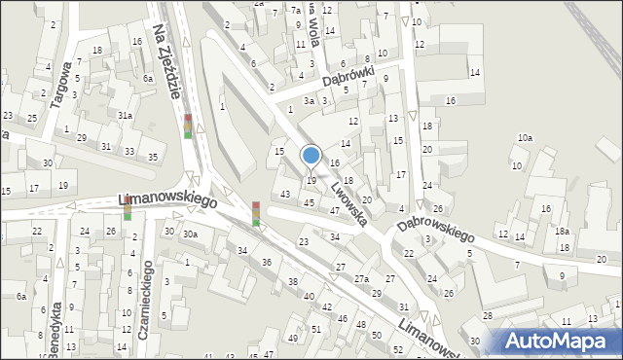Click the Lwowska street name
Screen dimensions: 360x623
(348, 200)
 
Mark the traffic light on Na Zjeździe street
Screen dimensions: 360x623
(188, 126)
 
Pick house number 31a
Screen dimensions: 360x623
(125, 116)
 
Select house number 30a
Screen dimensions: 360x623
(191, 234)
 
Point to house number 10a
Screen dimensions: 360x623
(525, 138)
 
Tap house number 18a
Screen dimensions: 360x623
(562, 231)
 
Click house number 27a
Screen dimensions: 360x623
(361, 279)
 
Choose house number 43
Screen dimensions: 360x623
(284, 194)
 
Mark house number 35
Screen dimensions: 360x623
(153, 157)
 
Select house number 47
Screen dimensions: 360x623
(334, 210)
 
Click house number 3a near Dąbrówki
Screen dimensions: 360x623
(308, 100)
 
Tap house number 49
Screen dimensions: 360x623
(293, 338)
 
